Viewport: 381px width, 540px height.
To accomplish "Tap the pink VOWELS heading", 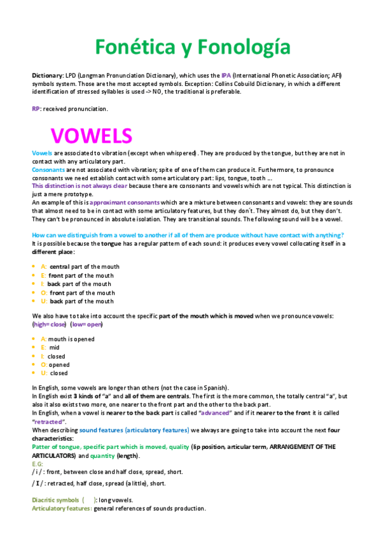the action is click(x=92, y=136).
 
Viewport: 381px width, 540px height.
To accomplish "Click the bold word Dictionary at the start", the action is click(x=46, y=75).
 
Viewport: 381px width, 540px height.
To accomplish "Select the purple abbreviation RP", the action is click(x=36, y=108).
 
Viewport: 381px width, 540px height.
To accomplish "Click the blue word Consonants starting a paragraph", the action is click(x=47, y=171).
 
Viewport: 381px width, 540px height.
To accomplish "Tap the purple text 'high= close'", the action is click(x=50, y=325).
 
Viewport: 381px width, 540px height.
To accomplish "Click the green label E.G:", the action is click(x=38, y=464).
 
